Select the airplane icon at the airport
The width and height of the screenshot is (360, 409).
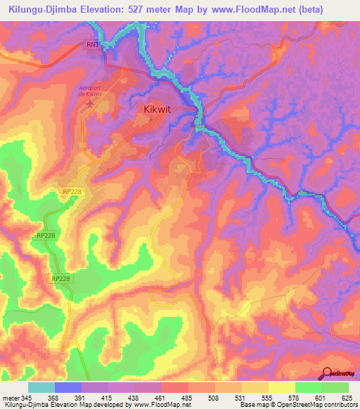[x=89, y=104]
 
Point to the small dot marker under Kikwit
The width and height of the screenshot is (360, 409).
[x=150, y=119]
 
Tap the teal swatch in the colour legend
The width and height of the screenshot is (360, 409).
[x=41, y=387]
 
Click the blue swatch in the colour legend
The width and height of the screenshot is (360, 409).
[x=68, y=387]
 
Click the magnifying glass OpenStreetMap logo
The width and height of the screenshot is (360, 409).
[x=328, y=372]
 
